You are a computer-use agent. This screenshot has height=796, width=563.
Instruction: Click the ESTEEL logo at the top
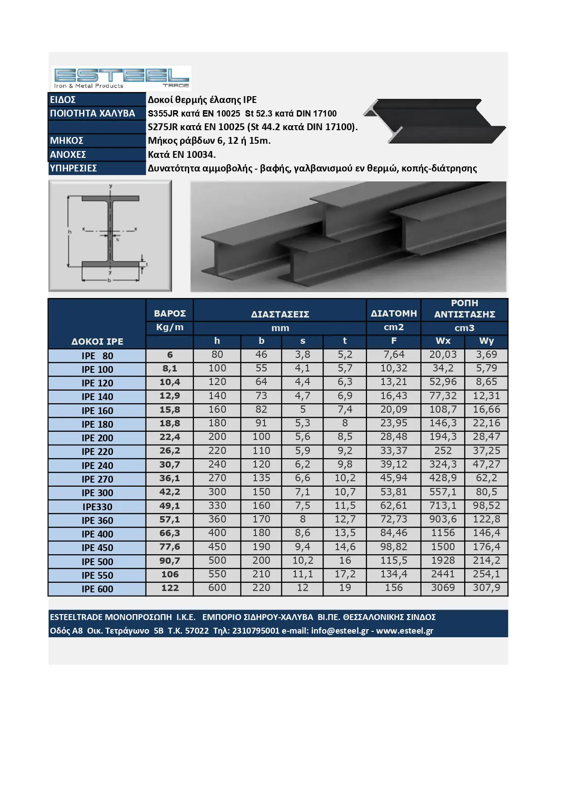121,78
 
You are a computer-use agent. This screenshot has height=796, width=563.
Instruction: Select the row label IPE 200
97,438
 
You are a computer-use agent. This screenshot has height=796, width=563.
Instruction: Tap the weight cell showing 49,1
170,506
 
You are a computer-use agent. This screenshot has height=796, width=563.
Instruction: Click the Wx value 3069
443,588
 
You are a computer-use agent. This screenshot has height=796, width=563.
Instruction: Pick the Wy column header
486,341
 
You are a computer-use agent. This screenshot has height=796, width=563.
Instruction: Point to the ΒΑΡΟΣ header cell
170,313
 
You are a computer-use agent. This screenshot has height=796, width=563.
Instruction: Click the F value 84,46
393,533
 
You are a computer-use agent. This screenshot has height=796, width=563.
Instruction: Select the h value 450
217,547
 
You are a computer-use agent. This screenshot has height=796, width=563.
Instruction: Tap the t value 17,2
345,574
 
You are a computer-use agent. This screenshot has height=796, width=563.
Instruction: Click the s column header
303,341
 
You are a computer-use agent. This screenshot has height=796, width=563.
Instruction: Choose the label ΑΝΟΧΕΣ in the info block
68,155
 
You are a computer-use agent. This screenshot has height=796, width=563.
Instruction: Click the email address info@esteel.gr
340,631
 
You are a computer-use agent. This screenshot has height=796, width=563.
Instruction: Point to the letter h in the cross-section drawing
70,232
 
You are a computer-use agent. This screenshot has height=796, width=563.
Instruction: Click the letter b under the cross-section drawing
109,281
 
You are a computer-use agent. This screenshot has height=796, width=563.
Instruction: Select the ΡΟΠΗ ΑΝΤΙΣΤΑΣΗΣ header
464,309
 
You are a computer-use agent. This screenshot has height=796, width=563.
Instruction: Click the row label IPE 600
97,589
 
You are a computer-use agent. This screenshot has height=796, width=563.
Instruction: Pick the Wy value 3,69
486,355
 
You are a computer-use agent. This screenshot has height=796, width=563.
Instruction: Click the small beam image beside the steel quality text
434,121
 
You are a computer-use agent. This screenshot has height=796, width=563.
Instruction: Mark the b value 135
261,478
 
